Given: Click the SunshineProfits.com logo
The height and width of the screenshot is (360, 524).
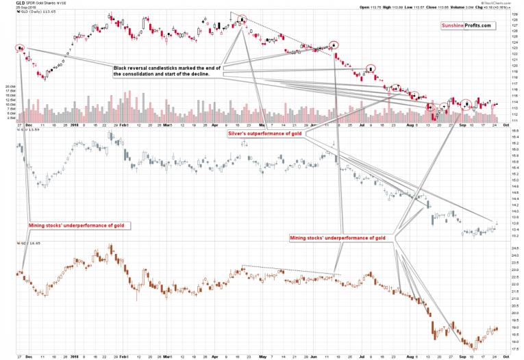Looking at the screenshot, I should pyautogui.click(x=466, y=25).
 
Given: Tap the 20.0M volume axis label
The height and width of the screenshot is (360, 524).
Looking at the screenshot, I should pyautogui.click(x=10, y=88).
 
